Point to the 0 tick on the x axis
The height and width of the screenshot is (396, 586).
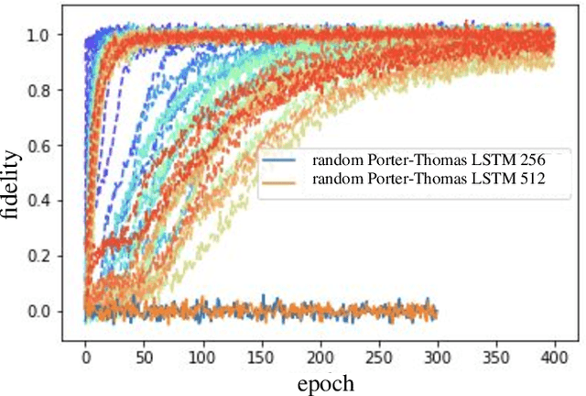[85, 351]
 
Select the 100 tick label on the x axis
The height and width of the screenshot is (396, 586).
[202, 351]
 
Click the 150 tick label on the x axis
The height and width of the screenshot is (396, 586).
[261, 351]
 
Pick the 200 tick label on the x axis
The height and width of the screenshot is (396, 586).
[320, 351]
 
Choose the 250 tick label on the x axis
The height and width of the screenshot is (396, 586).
[378, 351]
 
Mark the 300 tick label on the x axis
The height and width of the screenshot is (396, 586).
[437, 351]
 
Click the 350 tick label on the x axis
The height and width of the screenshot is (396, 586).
[495, 351]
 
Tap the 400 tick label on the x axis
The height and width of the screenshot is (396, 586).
[554, 351]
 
